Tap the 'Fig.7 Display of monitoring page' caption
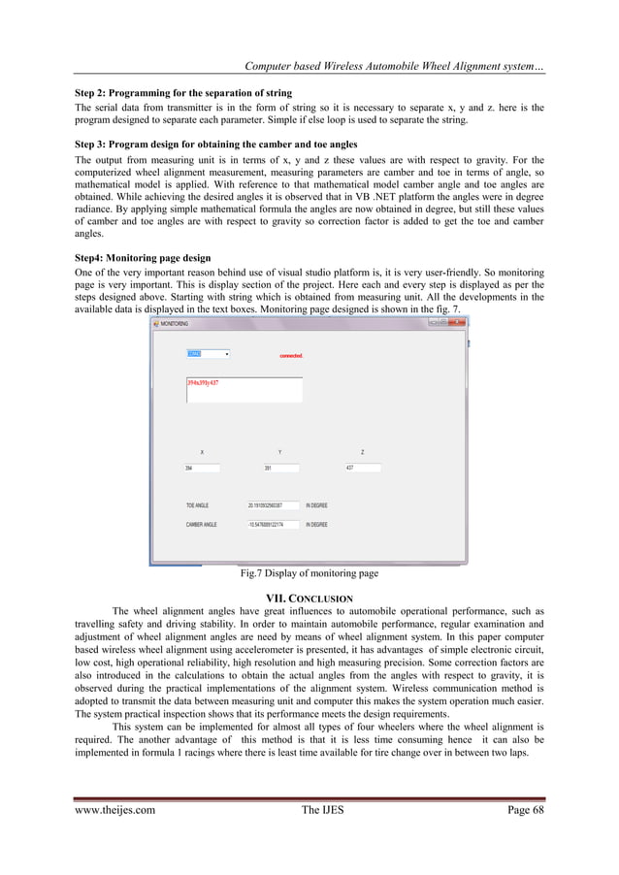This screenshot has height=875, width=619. (x=309, y=573)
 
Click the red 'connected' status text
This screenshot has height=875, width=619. (x=291, y=356)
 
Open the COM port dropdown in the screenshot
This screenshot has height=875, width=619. (x=224, y=354)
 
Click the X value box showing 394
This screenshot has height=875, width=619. (x=202, y=469)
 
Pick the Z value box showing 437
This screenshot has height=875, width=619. (x=363, y=469)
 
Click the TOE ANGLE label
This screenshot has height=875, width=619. (x=197, y=505)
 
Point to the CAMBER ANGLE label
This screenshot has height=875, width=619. (x=201, y=524)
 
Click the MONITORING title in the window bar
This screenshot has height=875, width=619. (x=175, y=323)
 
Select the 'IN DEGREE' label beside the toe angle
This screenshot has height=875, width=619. (x=316, y=505)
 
